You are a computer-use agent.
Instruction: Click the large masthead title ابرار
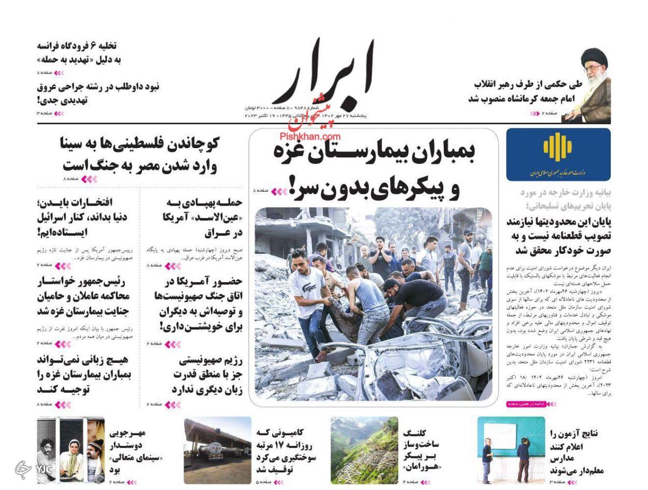click(x=321, y=73)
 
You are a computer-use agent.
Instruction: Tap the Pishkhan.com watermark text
click(x=310, y=136)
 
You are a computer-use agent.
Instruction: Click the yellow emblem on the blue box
click(x=557, y=147)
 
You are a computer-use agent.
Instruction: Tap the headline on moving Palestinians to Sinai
click(x=140, y=154)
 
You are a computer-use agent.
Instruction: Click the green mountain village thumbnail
click(x=364, y=451)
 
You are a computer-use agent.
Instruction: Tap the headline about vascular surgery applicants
click(x=98, y=93)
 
